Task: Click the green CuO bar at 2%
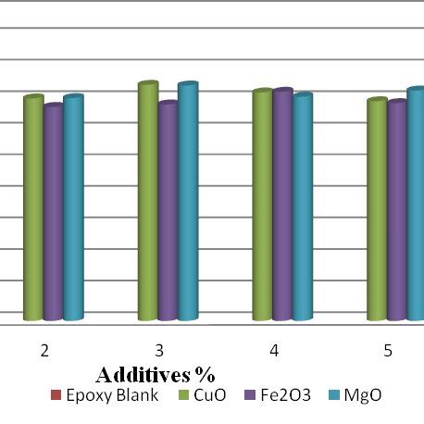[33, 208]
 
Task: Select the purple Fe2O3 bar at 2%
[53, 213]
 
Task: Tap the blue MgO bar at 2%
[73, 208]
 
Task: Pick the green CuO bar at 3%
[148, 202]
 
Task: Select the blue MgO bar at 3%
[188, 202]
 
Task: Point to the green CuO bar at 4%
[262, 206]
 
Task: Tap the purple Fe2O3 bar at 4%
[282, 205]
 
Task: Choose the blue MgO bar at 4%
[303, 207]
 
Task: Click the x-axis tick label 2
[44, 351]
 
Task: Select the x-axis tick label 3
[159, 351]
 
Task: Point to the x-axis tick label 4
[274, 351]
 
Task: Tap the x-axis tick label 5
[389, 351]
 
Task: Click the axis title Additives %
[156, 375]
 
